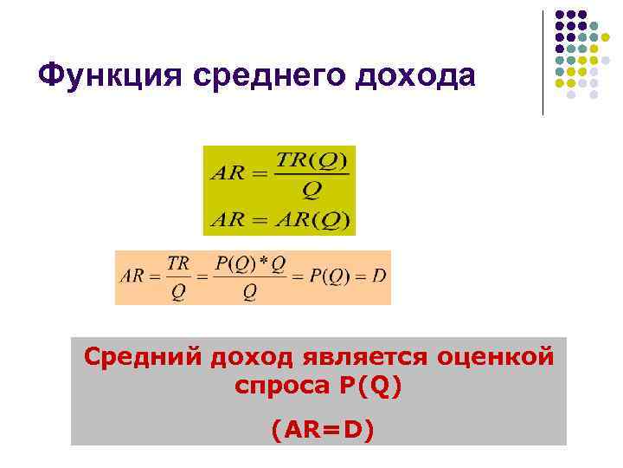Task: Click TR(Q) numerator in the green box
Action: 311,160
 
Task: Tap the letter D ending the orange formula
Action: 378,276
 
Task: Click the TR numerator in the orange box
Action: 178,263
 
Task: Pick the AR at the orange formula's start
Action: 132,276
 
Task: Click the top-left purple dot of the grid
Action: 559,15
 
